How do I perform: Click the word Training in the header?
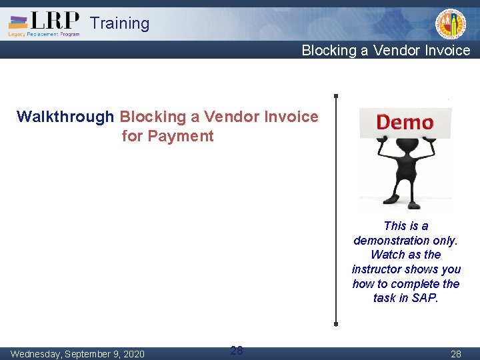pyautogui.click(x=120, y=23)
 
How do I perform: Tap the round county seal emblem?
pyautogui.click(x=451, y=25)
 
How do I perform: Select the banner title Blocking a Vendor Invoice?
pyautogui.click(x=385, y=51)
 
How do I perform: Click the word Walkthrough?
pyautogui.click(x=65, y=117)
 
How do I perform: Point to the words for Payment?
pyautogui.click(x=168, y=137)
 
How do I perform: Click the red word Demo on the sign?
pyautogui.click(x=405, y=123)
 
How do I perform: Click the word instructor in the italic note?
pyautogui.click(x=379, y=269)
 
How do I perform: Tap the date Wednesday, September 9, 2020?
pyautogui.click(x=77, y=354)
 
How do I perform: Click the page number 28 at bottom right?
pyautogui.click(x=456, y=354)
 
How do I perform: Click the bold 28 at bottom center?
pyautogui.click(x=237, y=350)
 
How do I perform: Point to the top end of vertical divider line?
pyautogui.click(x=335, y=96)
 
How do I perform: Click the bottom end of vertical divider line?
pyautogui.click(x=335, y=323)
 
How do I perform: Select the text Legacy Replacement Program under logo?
pyautogui.click(x=44, y=33)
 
